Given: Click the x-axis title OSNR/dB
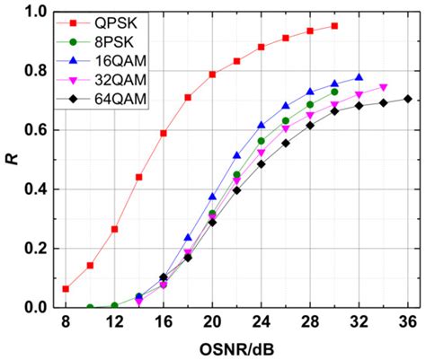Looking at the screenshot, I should [x=236, y=347].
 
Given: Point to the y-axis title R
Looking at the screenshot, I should [x=12, y=160].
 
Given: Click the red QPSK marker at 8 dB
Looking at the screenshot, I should [x=66, y=288].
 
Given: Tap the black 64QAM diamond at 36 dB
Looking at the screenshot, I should [x=407, y=99].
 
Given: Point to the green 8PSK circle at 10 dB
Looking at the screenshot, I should [x=90, y=307].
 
